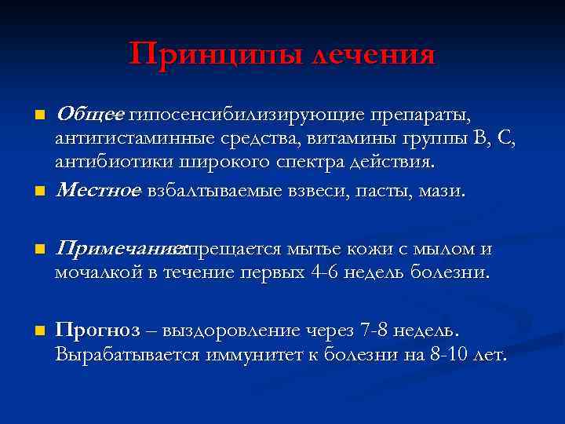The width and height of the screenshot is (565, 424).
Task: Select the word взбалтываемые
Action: [x=210, y=189]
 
